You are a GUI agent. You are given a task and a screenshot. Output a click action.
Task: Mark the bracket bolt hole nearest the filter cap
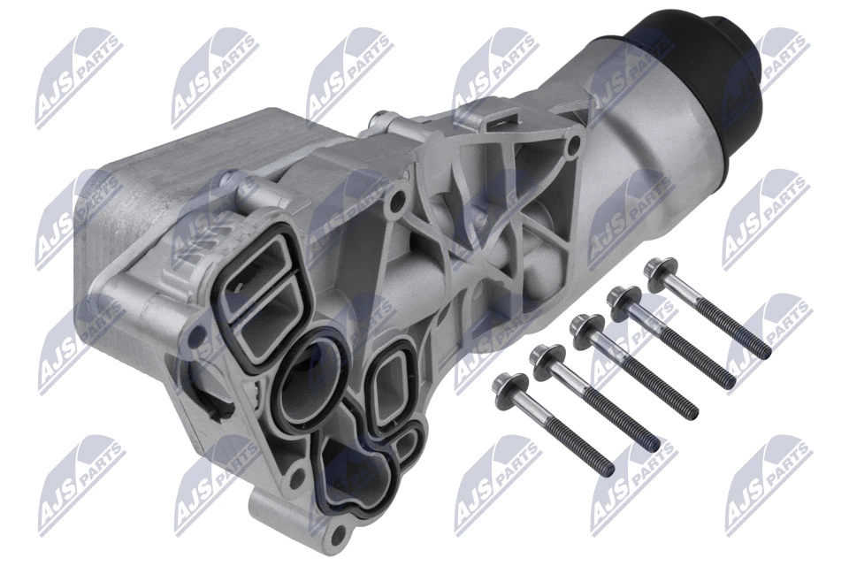click(x=576, y=141)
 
